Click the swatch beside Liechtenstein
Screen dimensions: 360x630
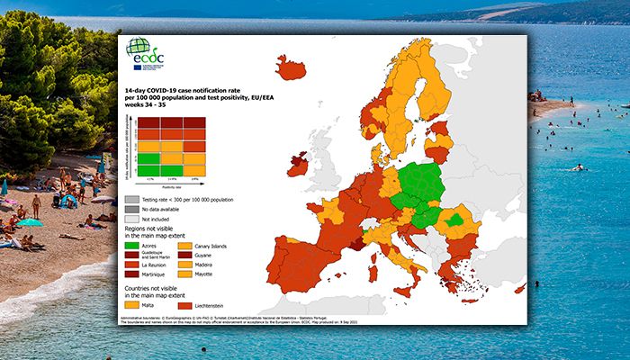(x=192, y=305)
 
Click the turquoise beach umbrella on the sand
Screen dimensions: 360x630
(x=30, y=222)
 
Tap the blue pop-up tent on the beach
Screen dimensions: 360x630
(x=68, y=200)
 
